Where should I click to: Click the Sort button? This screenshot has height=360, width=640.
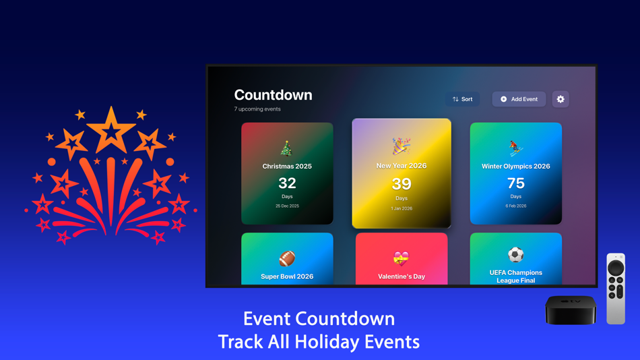462,99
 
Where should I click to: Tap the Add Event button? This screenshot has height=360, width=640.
519,99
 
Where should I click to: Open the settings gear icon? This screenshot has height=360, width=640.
561,99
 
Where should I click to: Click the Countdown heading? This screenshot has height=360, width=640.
273,95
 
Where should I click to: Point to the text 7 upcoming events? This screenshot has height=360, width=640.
257,109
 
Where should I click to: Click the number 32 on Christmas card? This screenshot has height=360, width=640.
287,183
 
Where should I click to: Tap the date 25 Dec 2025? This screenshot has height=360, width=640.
287,206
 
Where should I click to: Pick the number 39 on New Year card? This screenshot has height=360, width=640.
402,183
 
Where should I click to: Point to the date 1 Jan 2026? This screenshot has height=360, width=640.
402,208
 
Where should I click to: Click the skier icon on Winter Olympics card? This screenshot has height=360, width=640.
515,148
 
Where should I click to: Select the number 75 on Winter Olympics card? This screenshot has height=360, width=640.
516,183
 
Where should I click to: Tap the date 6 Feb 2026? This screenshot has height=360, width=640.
516,206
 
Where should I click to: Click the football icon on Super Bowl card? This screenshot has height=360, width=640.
287,258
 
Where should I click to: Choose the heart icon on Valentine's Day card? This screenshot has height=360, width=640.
402,258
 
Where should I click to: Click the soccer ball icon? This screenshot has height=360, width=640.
516,256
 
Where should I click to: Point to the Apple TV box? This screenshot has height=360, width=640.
571,309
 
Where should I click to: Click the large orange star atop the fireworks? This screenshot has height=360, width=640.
111,129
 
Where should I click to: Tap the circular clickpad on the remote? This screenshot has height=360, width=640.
616,268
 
